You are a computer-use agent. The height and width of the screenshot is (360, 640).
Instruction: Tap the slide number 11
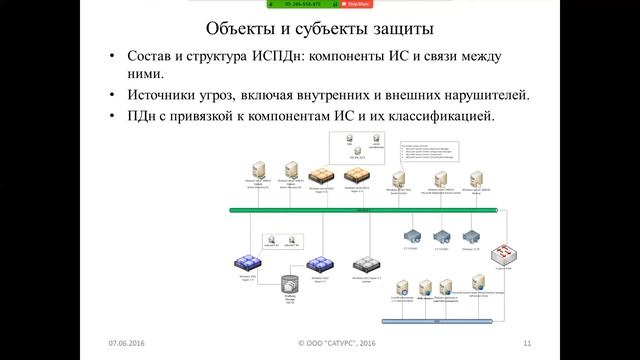point(526,344)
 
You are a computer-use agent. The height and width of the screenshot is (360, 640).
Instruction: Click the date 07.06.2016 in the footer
point(128,344)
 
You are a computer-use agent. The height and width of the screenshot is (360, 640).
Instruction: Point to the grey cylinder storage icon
point(290,283)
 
